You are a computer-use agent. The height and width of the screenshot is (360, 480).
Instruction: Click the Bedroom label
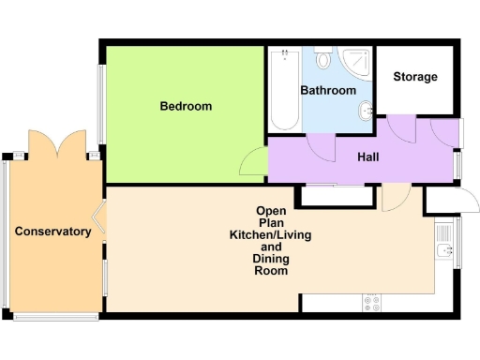[x=185, y=106]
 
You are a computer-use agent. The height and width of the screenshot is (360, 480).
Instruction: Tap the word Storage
[x=414, y=77]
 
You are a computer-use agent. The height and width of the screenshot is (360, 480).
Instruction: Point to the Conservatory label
[x=52, y=232]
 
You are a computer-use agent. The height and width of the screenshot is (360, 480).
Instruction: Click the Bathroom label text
[x=328, y=91]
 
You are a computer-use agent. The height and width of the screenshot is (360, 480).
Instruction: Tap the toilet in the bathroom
[x=324, y=61]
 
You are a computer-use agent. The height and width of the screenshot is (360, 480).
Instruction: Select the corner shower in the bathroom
[x=357, y=61]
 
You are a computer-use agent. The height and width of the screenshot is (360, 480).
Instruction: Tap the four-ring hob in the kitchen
[x=371, y=304]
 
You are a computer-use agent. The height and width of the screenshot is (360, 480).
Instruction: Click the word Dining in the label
[x=271, y=259]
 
